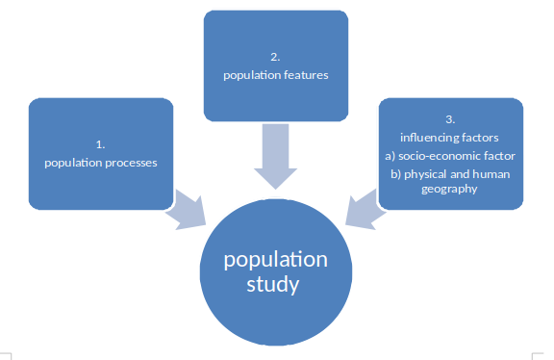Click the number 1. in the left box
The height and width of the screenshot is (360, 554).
point(100,144)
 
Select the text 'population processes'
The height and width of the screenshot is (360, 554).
point(101,162)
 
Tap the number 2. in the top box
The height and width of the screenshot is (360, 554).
point(275,57)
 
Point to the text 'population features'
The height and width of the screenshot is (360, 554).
point(275,74)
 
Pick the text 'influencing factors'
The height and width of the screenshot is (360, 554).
point(450,139)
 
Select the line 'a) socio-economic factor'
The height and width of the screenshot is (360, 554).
point(450,156)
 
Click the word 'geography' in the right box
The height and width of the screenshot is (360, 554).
point(451,190)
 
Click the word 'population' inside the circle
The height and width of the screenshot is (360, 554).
point(275,260)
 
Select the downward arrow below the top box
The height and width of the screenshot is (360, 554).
point(275,159)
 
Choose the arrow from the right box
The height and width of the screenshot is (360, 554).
point(365,211)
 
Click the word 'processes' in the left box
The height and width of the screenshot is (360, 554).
point(130,162)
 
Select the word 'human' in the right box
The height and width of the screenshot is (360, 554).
point(494,173)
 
